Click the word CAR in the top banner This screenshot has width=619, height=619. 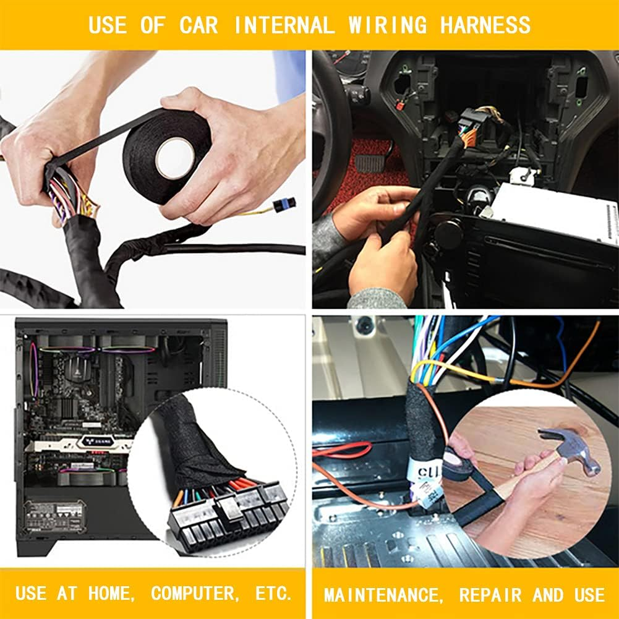pos(202,25)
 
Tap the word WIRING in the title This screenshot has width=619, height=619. pos(387,25)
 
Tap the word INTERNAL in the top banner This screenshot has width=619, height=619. pos(284,25)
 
